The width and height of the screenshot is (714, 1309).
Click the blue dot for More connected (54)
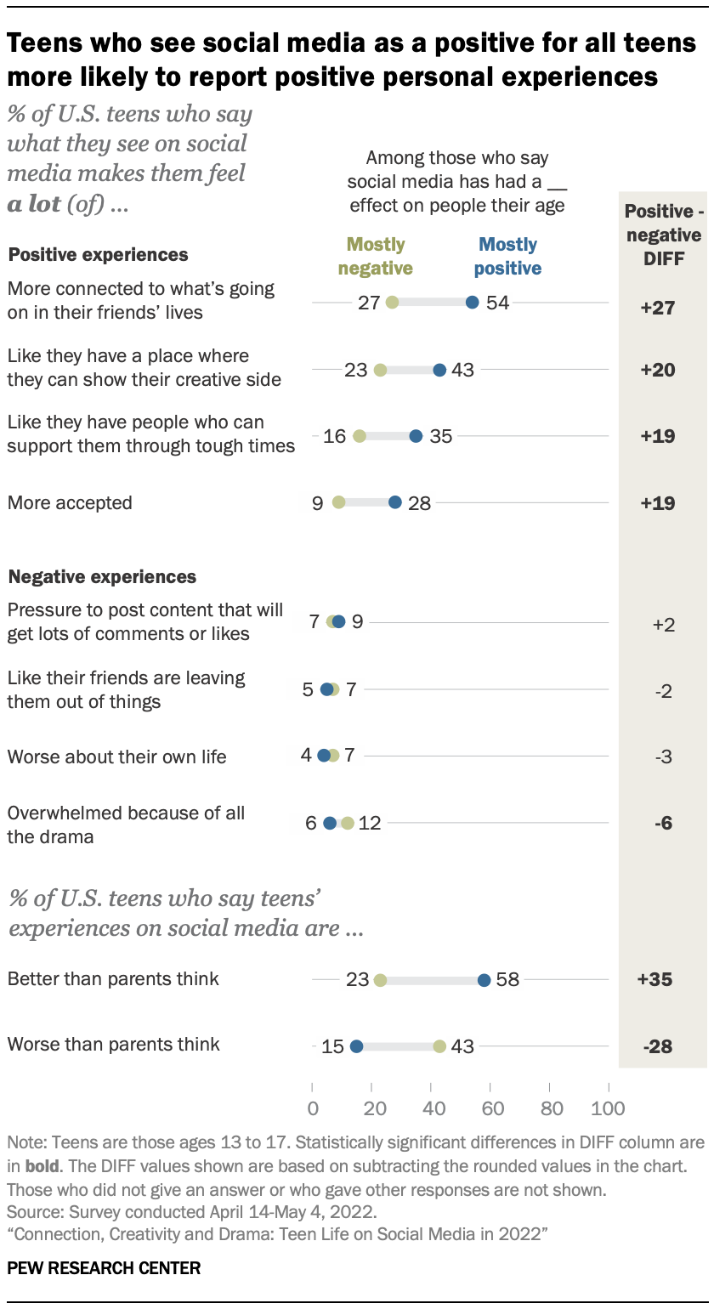473,302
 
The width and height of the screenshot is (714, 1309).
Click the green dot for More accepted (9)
339,502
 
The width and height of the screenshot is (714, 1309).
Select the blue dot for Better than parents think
484,979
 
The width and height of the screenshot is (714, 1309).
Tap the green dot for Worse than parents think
439,1045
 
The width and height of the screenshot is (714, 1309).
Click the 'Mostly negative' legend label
375,257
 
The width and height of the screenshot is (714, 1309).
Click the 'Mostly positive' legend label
508,257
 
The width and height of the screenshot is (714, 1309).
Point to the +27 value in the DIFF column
657,307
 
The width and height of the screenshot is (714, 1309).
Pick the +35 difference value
655,979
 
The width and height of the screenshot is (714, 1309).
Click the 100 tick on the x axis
608,1108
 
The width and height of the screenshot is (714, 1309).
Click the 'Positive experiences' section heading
98,254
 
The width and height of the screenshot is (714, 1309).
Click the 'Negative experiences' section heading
102,576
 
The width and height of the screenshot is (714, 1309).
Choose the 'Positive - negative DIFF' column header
662,235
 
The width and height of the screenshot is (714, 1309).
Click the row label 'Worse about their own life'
116,756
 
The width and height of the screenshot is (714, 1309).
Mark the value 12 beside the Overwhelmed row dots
371,823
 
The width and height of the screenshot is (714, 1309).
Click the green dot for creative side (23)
380,370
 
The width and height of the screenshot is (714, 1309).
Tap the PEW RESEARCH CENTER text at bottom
104,1268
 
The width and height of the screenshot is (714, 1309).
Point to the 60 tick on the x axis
492,1108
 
